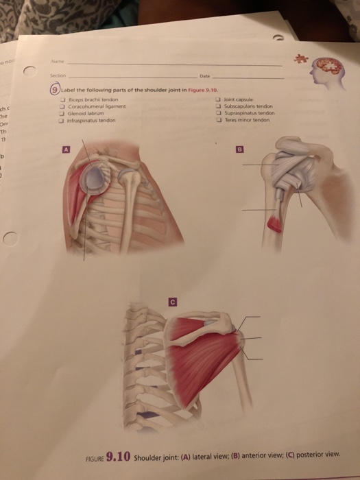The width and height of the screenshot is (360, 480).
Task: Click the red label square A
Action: click(x=67, y=148)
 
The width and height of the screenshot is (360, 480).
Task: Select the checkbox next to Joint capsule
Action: click(x=217, y=100)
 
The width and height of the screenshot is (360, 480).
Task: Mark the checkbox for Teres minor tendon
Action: click(x=217, y=119)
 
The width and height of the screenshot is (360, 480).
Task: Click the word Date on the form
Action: click(x=204, y=76)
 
